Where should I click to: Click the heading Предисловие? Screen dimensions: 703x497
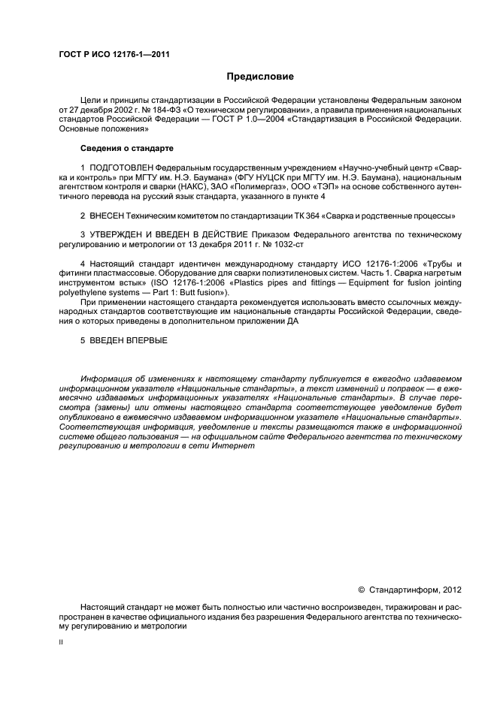pyautogui.click(x=260, y=77)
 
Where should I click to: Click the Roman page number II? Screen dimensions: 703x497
pyautogui.click(x=62, y=643)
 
